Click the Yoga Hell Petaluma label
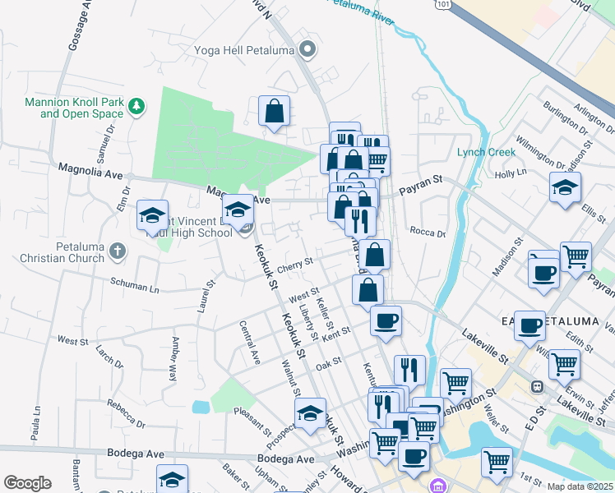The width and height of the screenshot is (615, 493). pos(244,50)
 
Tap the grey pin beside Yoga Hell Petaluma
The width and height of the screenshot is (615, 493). pos(308,50)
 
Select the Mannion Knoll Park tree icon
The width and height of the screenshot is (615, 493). pos(137,107)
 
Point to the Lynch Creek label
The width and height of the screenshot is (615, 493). pos(487,152)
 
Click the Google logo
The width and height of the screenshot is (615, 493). pos(27,483)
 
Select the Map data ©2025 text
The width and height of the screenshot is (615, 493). pos(580,486)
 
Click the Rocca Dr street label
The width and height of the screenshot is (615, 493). pos(427,233)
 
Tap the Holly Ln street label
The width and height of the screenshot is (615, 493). pos(510,173)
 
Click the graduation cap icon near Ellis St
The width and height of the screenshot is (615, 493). pos(565,187)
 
